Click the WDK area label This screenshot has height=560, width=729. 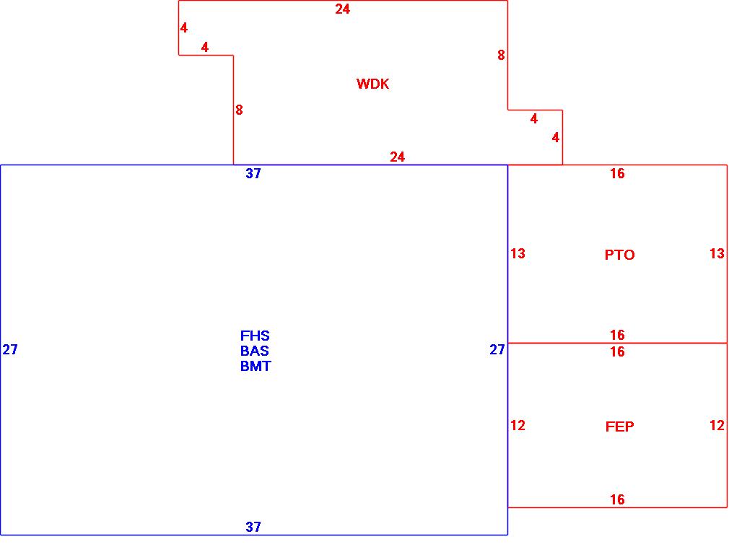coord(372,84)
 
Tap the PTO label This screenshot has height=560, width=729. coord(619,255)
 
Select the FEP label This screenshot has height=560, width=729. coord(619,426)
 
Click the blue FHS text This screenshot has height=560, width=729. coord(255,336)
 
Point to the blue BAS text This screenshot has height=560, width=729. coord(255,351)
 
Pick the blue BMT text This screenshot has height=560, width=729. coord(256,366)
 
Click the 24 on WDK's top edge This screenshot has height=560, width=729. coord(342,9)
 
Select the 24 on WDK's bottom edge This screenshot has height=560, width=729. coord(397,157)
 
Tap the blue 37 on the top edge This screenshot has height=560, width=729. coord(253,173)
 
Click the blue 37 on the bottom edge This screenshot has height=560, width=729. coord(253,527)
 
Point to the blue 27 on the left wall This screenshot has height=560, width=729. coord(10,350)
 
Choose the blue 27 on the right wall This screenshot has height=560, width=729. coord(497,350)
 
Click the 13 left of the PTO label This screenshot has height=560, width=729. coord(518,253)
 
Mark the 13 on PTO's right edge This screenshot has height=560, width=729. coord(717,253)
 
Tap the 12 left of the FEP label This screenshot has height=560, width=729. coord(518,425)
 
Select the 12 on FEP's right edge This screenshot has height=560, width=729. coord(717,425)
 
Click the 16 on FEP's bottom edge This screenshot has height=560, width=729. coord(617,499)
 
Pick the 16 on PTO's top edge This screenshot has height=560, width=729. coord(617,173)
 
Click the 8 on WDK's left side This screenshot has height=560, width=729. coord(239,110)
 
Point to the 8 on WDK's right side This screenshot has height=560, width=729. coord(501,55)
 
